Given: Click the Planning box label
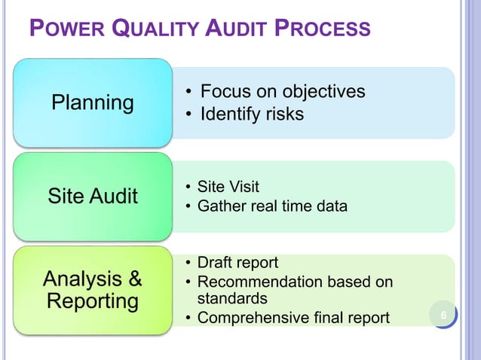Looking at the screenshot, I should point(92,102).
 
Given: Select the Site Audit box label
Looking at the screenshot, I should point(92,197).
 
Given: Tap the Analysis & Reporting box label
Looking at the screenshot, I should point(92,290).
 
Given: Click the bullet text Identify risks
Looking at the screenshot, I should point(251,114).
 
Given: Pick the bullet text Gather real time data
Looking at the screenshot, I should point(272,206).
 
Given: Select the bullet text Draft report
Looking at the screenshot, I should point(237,263).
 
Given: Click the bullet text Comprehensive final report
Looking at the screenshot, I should point(293,318).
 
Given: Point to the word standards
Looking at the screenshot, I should point(232,299).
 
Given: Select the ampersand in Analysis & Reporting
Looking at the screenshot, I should point(134,279).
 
